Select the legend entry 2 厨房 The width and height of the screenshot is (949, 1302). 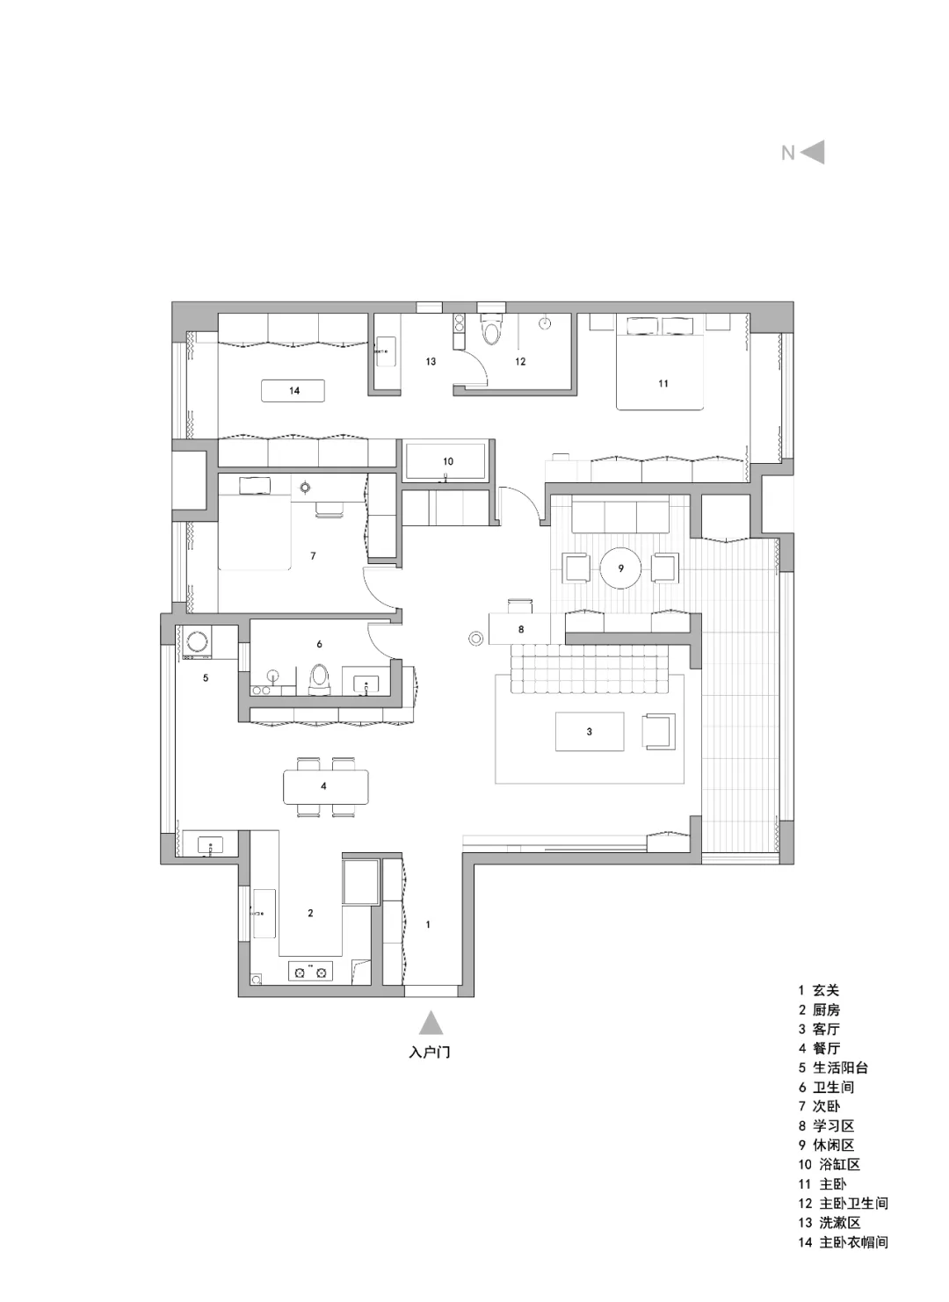tap(819, 1009)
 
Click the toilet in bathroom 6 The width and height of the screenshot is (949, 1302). tap(319, 679)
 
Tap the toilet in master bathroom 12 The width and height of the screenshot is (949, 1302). tap(492, 329)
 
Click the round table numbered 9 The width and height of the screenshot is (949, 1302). tap(621, 568)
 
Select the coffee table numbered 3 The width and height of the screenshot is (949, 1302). tap(590, 731)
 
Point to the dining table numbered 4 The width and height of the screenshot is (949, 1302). tap(326, 786)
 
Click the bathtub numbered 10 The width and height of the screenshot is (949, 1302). tap(446, 461)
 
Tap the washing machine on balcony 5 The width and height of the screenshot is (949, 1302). tap(199, 642)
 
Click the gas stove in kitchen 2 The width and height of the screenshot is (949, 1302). tap(310, 971)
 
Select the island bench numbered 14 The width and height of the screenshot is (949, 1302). tap(293, 391)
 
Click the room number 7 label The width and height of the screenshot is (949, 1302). tap(313, 556)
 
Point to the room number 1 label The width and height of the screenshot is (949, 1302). tap(429, 924)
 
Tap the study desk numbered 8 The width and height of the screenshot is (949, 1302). tap(520, 628)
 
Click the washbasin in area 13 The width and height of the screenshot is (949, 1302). tap(383, 351)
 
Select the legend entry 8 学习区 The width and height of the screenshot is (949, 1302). tap(826, 1126)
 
